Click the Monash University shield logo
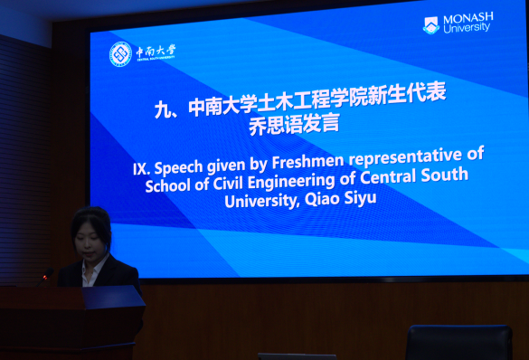pyautogui.click(x=431, y=25)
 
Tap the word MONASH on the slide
pyautogui.click(x=468, y=18)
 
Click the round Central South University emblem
pyautogui.click(x=120, y=54)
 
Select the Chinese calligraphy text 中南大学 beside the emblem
pyautogui.click(x=156, y=52)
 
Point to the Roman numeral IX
pyautogui.click(x=141, y=168)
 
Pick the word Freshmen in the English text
pyautogui.click(x=307, y=161)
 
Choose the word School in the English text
pyautogui.click(x=167, y=185)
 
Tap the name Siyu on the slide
pyautogui.click(x=360, y=198)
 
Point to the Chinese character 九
pyautogui.click(x=163, y=109)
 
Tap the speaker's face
pyautogui.click(x=89, y=244)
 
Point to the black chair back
pyautogui.click(x=458, y=342)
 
